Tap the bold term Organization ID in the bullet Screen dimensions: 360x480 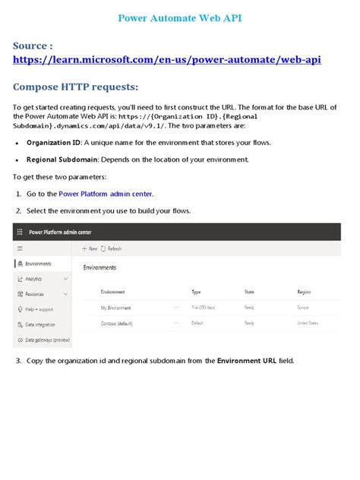[53, 142]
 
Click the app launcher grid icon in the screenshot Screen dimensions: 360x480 [19, 232]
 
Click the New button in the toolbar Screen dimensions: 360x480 [90, 248]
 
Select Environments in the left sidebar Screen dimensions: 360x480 [37, 264]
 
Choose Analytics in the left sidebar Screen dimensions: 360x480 [33, 279]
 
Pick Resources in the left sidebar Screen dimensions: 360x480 [34, 294]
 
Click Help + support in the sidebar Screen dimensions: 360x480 [39, 309]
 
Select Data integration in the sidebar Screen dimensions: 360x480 [39, 324]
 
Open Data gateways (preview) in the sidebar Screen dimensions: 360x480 [47, 339]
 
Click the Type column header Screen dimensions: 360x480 [196, 292]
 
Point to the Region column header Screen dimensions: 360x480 [304, 292]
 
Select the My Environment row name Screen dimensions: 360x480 [116, 308]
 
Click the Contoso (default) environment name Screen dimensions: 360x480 [118, 323]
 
